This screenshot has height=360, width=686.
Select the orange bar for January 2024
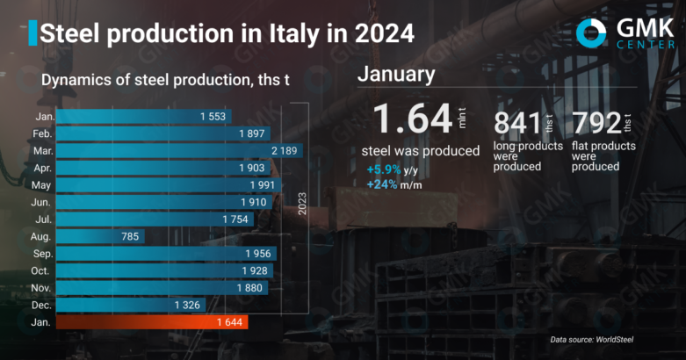tap(154, 323)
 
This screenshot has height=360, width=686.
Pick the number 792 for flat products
tap(596, 124)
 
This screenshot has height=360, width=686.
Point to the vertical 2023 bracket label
tap(301, 203)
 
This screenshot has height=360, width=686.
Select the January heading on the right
tap(395, 76)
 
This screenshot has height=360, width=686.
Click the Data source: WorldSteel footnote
tap(592, 339)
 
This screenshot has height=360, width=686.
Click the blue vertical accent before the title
tap(32, 33)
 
